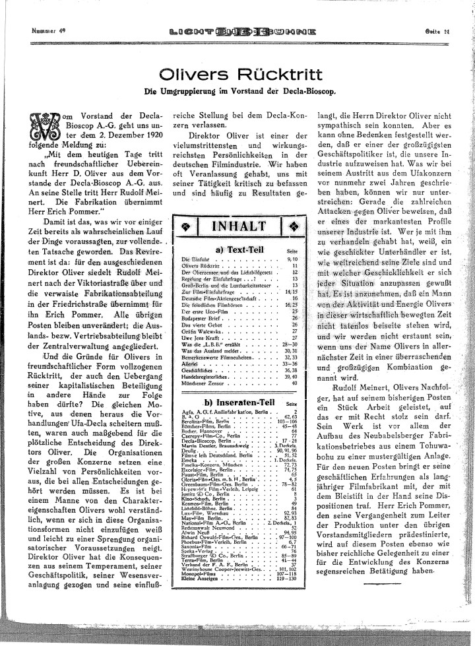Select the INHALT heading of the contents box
(x=238, y=226)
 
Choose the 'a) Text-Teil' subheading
(x=238, y=249)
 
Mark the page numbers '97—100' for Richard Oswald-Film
(x=288, y=538)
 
